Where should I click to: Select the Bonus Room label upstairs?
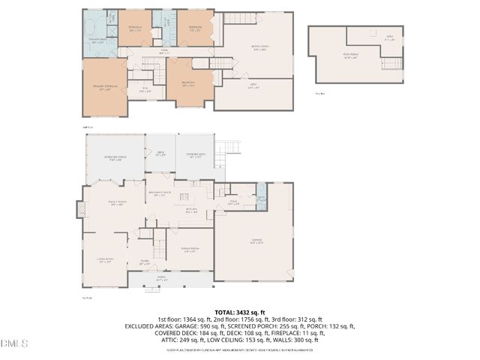tap(259, 49)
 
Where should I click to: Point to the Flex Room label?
tap(351, 55)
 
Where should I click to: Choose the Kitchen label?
tap(191, 211)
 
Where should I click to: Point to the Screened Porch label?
tap(115, 157)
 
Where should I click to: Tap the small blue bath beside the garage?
tap(261, 199)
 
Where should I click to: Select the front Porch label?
tap(161, 279)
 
